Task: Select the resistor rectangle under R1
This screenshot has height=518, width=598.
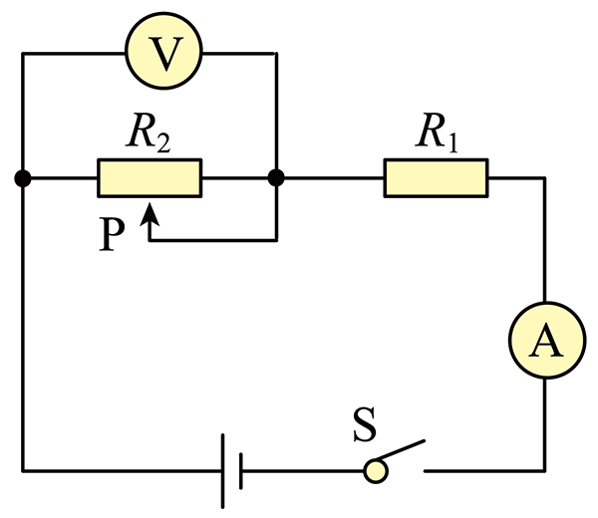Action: (x=436, y=177)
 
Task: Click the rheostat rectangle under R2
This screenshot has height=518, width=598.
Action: (x=149, y=177)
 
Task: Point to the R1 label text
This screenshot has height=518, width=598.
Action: (x=437, y=132)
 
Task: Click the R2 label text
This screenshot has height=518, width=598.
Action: (x=149, y=132)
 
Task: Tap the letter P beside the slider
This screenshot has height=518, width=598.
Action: (x=112, y=234)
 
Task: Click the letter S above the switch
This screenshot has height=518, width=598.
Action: (x=365, y=424)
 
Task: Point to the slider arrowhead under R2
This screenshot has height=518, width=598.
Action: (x=149, y=214)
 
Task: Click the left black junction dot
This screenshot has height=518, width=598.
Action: (x=23, y=178)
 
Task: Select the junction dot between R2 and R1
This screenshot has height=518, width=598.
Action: (x=276, y=178)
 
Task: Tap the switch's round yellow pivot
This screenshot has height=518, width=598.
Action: (x=376, y=471)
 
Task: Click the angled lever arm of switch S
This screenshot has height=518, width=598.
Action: (x=400, y=450)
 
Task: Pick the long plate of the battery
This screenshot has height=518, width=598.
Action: (x=222, y=471)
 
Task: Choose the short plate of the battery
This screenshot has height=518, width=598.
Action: (x=240, y=471)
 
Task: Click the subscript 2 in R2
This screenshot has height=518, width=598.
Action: (x=163, y=144)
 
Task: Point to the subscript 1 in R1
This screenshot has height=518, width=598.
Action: (x=451, y=143)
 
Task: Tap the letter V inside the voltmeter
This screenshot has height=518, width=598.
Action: (x=164, y=54)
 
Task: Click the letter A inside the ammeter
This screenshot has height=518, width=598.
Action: (x=546, y=341)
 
